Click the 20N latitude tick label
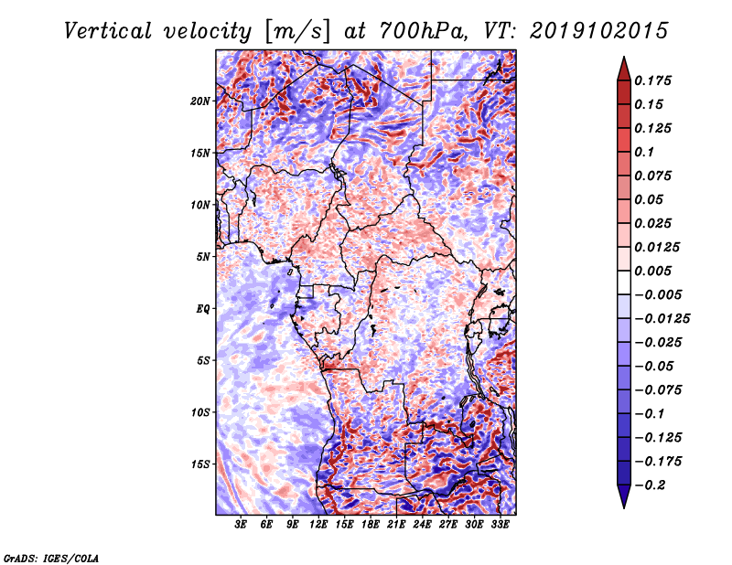200,101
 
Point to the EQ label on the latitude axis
203,309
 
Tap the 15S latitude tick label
200,464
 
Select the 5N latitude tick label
203,257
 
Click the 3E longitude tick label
240,525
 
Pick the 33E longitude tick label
500,525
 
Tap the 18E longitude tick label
371,525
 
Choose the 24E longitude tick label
422,525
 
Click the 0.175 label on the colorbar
652,80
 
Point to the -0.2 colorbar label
650,485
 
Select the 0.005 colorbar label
652,271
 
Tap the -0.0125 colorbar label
662,319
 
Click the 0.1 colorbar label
644,152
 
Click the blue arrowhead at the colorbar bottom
624,496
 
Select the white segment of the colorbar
624,282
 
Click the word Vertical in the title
108,31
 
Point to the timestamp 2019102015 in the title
599,31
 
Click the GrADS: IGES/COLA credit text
51,559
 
